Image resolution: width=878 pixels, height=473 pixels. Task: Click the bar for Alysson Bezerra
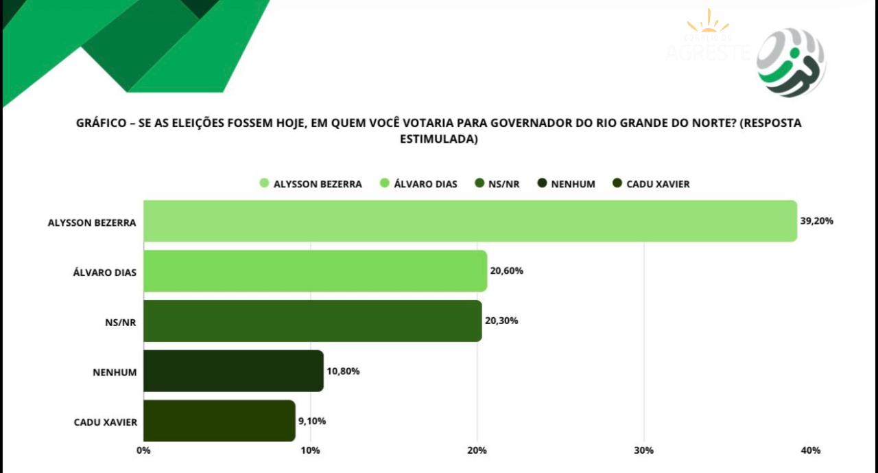tap(470, 221)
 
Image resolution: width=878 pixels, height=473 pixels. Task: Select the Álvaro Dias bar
tap(315, 271)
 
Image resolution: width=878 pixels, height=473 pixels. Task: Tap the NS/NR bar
tap(312, 321)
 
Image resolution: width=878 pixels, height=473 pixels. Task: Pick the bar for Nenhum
tap(233, 371)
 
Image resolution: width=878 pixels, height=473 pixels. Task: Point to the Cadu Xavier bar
tap(219, 421)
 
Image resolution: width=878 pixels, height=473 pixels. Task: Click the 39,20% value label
tap(816, 221)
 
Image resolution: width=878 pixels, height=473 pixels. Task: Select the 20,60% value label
tap(506, 271)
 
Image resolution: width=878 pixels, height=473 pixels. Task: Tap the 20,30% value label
tap(501, 321)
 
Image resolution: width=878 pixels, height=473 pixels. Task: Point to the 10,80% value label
tap(343, 371)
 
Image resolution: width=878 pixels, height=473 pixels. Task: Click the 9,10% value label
tap(311, 421)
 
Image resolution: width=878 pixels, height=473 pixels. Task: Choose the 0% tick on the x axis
tap(143, 450)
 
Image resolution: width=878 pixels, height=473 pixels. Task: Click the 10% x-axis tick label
tap(310, 450)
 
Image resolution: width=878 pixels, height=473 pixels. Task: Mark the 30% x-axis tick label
tap(643, 450)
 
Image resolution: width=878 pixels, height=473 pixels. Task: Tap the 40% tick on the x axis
tap(810, 450)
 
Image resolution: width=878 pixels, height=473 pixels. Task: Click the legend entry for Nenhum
tap(567, 184)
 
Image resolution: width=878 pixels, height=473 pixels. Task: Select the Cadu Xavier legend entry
tap(651, 184)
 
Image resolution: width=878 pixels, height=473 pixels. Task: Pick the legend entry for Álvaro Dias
tap(418, 184)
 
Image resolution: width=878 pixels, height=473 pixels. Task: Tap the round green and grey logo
tap(791, 62)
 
